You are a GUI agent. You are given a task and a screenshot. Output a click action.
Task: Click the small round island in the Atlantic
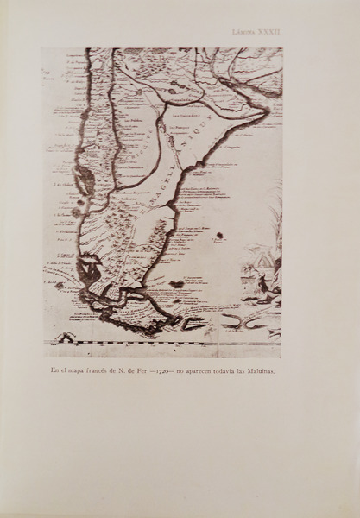click(x=176, y=283)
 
